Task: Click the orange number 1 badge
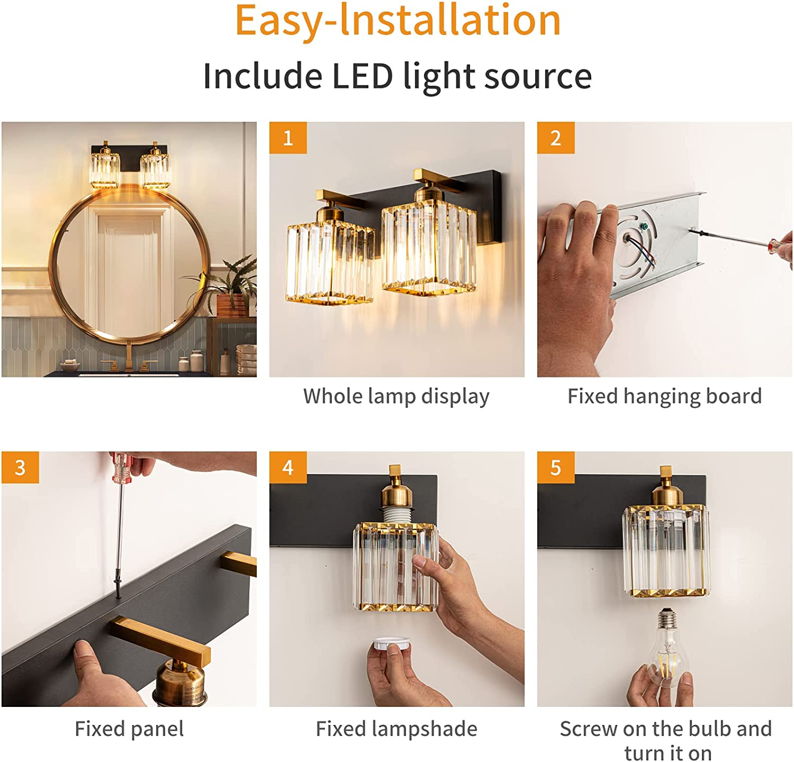coord(288,138)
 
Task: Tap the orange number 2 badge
coord(556,138)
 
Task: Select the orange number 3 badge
coord(20,467)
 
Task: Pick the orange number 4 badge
coord(288,467)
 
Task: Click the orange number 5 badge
coord(556,467)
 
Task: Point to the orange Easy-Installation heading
coord(398,21)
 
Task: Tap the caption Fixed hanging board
coord(664,396)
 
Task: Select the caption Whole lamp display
coord(396,396)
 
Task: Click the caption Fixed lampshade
coord(396,729)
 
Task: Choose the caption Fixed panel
coord(129,729)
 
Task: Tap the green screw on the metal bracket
coord(644,226)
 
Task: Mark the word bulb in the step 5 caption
coord(710,729)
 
